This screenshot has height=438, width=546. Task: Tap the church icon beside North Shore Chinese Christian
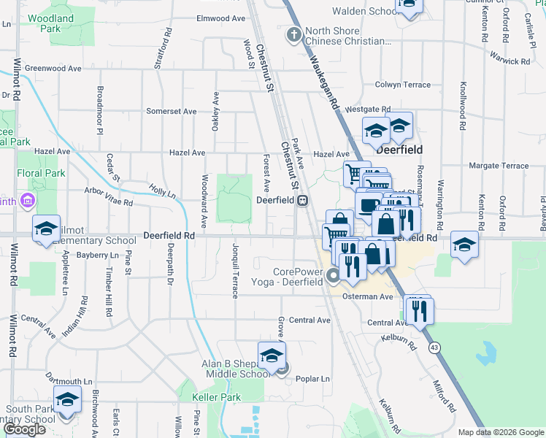293,34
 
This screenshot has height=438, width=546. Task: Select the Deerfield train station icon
301,200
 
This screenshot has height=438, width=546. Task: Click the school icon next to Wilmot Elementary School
46,228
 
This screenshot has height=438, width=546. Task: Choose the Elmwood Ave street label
221,18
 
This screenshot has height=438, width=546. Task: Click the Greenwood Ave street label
53,68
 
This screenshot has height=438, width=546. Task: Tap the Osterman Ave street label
369,296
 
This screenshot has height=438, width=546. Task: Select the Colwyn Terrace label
402,85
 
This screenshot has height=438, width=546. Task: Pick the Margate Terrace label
499,166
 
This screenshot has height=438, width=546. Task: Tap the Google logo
24,429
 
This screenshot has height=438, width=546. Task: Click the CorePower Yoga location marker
334,276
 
